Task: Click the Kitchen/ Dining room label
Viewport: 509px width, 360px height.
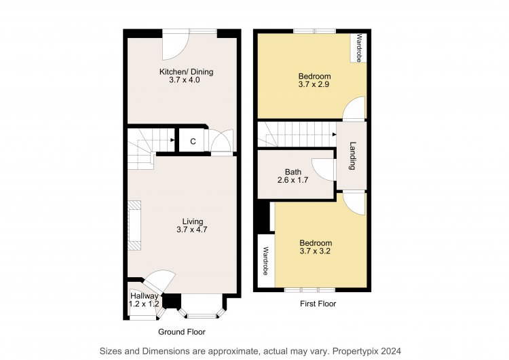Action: pos(186,71)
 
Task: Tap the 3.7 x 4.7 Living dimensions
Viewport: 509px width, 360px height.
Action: pos(192,230)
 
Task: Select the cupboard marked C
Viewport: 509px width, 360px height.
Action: pos(193,141)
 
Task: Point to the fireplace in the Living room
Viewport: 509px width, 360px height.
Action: pos(134,226)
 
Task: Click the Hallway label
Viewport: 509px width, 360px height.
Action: pos(144,296)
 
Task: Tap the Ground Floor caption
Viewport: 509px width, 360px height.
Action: pos(181,331)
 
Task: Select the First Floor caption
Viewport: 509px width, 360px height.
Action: pos(318,304)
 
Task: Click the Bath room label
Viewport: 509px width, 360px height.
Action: pos(293,172)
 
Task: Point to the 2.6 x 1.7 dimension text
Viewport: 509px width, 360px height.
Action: pos(293,180)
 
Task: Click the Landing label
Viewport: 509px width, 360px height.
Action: pos(352,156)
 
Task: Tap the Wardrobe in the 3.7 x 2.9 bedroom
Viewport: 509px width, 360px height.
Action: pos(358,48)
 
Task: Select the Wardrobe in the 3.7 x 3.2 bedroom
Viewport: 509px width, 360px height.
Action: pos(266,261)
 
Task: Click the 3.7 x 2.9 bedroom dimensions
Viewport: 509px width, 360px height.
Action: pos(314,84)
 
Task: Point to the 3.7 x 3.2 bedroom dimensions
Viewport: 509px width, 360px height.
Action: pos(315,251)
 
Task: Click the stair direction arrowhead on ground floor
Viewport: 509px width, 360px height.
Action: pos(172,140)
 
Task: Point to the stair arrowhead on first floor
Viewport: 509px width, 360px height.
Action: pos(335,134)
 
